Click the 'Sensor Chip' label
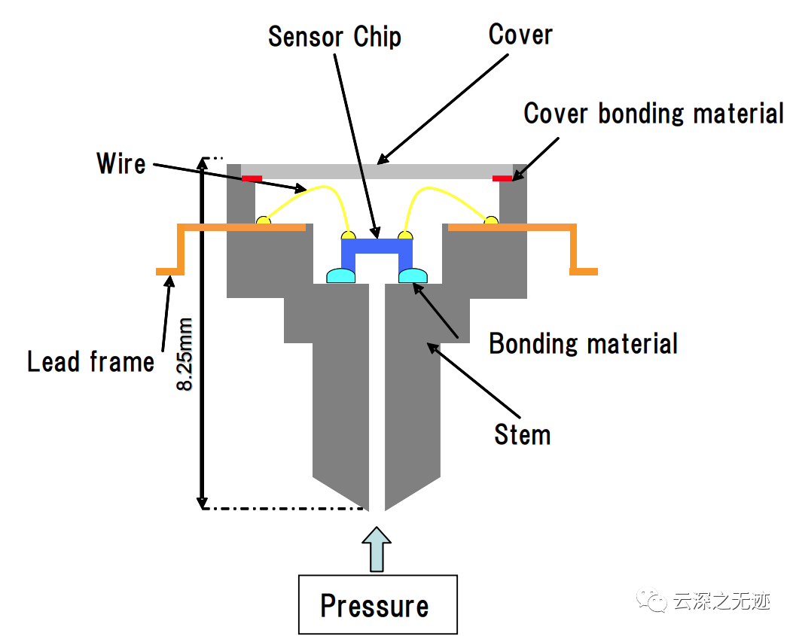pos(334,37)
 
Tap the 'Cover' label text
pos(520,35)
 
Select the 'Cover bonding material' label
pos(654,113)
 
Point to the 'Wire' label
pos(121,163)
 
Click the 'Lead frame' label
pos(91,361)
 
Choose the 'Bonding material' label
pos(584,343)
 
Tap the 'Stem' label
pos(523,434)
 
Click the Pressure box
pos(378,604)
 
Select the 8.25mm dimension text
pos(185,354)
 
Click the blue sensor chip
pos(377,254)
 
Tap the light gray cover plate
pos(377,172)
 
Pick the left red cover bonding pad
pos(252,178)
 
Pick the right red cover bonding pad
pos(502,178)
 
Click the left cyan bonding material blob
pos(340,276)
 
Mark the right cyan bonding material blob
pos(413,276)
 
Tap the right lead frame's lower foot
pos(584,272)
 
